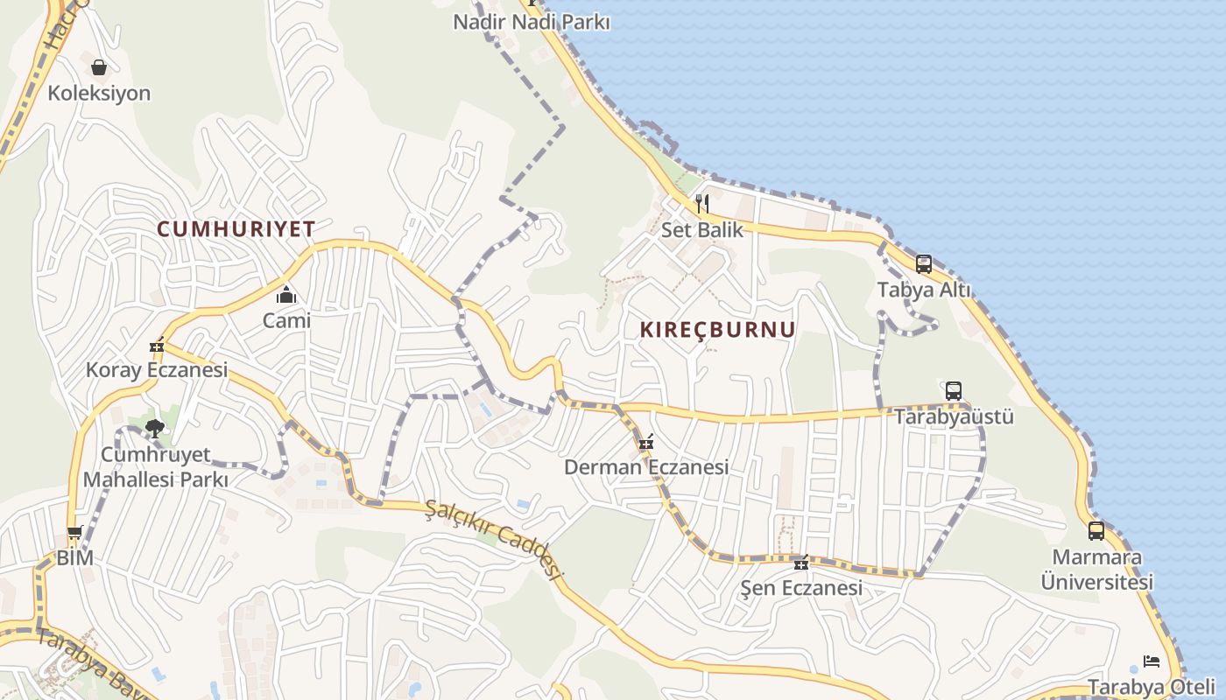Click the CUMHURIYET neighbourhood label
point(236,229)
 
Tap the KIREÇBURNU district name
point(718,330)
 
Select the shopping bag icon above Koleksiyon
point(99,67)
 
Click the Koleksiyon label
point(99,93)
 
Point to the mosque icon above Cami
point(286,295)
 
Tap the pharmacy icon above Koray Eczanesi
point(157,346)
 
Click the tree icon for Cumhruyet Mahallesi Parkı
point(155,429)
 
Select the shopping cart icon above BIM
point(75,533)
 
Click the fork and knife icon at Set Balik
point(701,204)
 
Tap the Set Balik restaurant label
point(701,230)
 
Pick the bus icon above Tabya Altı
point(924,264)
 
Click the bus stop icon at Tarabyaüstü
point(954,390)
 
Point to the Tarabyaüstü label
point(954,416)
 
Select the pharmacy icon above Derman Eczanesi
point(646,443)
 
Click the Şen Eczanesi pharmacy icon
point(800,562)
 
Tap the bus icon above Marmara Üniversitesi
point(1096,530)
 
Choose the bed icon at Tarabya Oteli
point(1152,661)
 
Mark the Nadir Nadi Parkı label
point(531,22)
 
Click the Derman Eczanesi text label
point(646,467)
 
